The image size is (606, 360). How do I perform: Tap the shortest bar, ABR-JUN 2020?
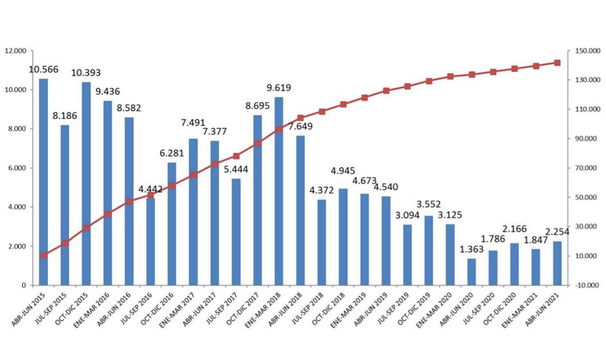(x=471, y=272)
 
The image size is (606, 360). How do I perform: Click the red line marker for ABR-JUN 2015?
(x=43, y=255)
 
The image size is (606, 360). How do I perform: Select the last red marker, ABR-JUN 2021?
(x=558, y=63)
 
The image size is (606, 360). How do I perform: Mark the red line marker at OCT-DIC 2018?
(x=343, y=104)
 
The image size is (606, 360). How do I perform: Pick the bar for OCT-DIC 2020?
(x=514, y=264)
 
